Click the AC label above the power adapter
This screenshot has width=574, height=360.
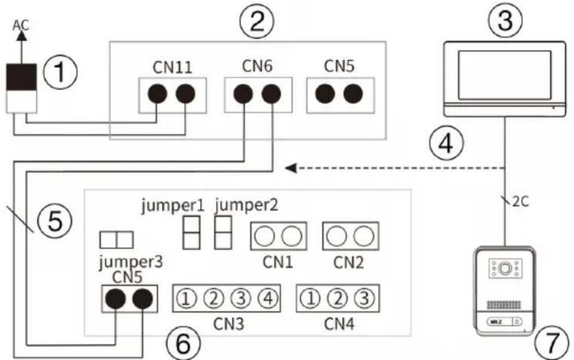[21, 25]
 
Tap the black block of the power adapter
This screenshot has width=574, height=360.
[22, 77]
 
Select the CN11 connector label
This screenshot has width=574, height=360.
[173, 67]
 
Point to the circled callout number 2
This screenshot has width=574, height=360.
[257, 22]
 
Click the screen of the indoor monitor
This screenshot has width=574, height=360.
[505, 75]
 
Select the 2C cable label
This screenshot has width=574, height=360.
[520, 202]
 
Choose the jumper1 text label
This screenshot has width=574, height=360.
[173, 206]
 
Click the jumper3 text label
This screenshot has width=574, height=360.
[131, 262]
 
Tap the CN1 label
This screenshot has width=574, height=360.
[278, 262]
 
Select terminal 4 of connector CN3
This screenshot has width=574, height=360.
[268, 299]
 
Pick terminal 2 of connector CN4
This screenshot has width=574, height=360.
[338, 299]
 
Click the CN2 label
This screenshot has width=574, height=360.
[349, 262]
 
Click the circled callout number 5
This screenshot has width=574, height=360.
[55, 220]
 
